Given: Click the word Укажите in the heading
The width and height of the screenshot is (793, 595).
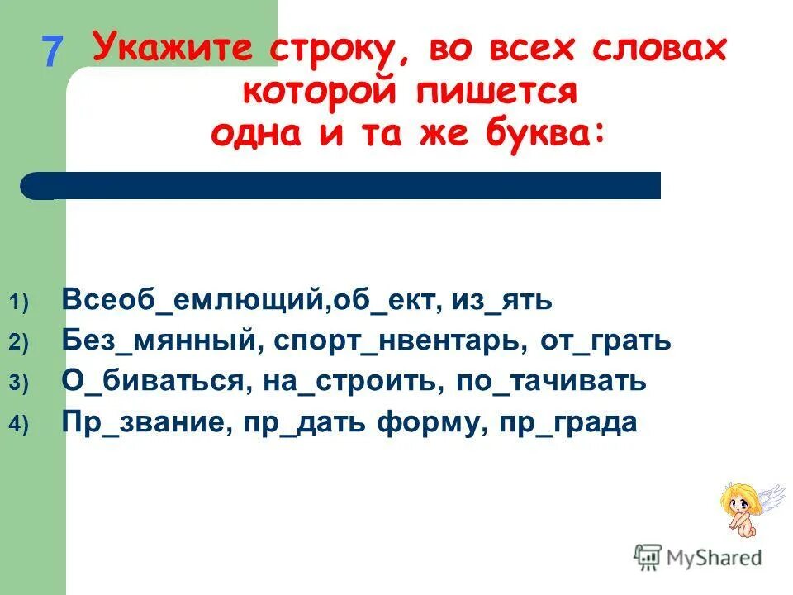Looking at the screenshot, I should [176, 49].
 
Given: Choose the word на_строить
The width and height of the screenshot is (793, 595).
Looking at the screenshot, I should [340, 382].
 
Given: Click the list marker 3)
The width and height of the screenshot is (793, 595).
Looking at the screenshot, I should [19, 383].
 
